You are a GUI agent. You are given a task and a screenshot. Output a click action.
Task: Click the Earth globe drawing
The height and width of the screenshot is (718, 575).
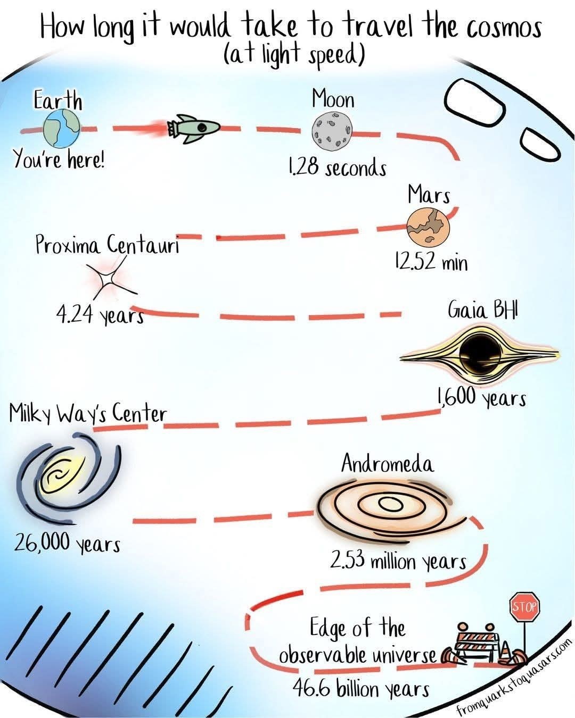62,128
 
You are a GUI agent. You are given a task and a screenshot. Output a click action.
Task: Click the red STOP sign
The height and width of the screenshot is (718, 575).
525,606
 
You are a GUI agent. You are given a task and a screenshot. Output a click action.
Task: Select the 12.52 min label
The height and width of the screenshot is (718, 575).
431,262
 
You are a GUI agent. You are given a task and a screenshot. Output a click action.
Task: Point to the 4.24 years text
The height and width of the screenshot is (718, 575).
100,315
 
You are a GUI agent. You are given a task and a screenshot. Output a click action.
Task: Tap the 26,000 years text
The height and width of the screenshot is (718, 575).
67,543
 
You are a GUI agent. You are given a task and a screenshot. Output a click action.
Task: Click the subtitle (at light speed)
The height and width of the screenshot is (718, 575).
294,54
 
